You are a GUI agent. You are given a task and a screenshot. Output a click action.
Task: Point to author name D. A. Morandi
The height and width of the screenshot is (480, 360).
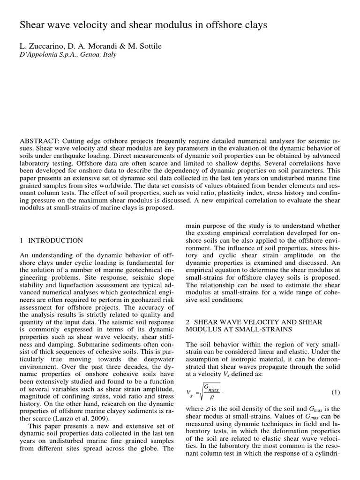(89, 46)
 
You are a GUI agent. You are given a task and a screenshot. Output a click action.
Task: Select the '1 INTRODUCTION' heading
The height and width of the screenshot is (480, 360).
(52, 240)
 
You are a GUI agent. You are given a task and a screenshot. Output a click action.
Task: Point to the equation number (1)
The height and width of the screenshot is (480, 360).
(336, 392)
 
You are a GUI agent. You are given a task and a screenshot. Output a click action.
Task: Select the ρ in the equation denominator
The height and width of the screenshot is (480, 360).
(211, 397)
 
